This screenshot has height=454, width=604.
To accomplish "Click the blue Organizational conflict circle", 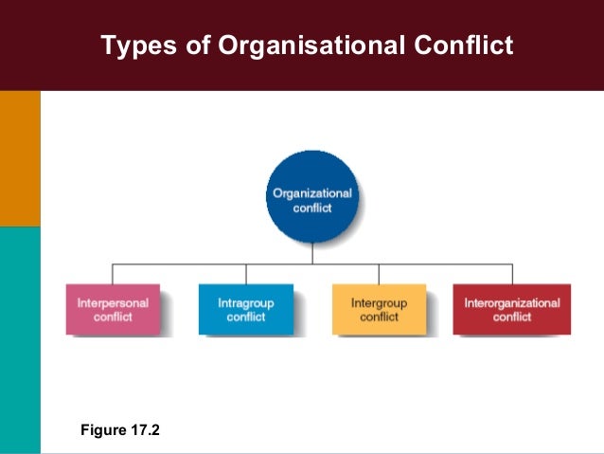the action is coord(311,200).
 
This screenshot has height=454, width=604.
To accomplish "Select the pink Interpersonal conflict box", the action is coord(113,309).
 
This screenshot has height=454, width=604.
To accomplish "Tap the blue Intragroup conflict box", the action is coord(245,309).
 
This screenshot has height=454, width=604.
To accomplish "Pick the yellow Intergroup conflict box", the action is coord(379,309).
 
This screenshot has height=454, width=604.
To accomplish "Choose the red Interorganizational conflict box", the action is coord(511,309).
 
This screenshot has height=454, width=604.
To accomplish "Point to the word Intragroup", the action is coord(245,303).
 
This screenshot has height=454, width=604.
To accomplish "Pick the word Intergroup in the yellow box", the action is coord(379,303).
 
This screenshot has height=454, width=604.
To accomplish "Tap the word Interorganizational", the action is coord(511,303).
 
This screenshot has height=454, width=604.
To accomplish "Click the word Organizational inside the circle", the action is coord(311,193).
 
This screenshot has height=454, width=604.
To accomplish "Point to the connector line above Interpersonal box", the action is coord(113,273).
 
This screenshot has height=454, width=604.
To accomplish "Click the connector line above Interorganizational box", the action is coord(511,273).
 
